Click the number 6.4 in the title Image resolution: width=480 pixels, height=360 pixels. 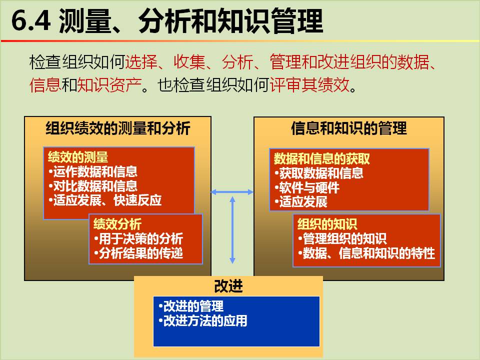click(x=31, y=20)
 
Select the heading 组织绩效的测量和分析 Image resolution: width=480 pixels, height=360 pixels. click(x=118, y=128)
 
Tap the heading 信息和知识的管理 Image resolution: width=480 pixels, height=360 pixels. click(x=348, y=128)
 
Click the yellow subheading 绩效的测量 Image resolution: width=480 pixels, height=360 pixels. click(x=78, y=157)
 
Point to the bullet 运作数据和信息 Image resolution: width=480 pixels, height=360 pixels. click(x=93, y=171)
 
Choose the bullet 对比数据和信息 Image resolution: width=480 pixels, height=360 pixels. click(x=93, y=186)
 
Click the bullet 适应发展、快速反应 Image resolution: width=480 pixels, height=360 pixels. click(x=105, y=200)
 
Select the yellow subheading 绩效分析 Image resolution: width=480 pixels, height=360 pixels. click(x=117, y=224)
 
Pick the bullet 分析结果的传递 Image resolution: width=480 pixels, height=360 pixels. click(x=138, y=253)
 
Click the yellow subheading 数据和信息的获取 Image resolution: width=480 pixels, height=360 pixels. click(x=321, y=158)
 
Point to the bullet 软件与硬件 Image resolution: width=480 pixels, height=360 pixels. click(x=307, y=187)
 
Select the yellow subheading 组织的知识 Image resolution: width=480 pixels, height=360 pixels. click(x=327, y=224)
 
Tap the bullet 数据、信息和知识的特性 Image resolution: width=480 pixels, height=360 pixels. click(x=366, y=253)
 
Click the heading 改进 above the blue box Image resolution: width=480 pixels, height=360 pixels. click(x=228, y=286)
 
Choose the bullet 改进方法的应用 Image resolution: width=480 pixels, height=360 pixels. click(x=202, y=321)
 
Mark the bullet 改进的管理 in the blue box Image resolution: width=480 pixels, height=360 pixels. click(x=191, y=306)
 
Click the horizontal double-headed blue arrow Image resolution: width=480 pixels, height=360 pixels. click(x=232, y=192)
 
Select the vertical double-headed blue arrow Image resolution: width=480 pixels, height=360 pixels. click(x=232, y=230)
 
